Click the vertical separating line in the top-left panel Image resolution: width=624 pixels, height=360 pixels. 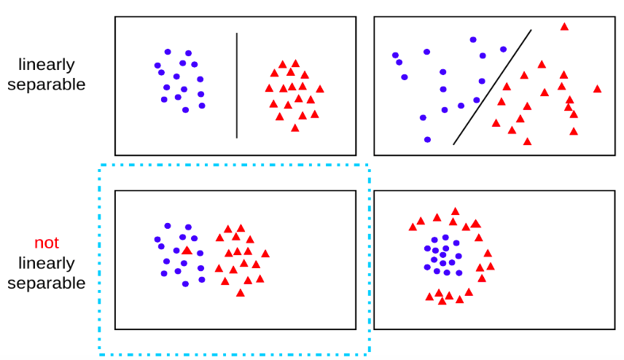click(x=237, y=85)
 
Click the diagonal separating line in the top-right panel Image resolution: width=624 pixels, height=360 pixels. click(x=492, y=87)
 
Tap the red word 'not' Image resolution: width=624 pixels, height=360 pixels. click(x=47, y=243)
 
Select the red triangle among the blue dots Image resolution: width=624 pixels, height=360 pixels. click(x=187, y=250)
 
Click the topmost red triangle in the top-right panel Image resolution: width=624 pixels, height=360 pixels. click(x=564, y=27)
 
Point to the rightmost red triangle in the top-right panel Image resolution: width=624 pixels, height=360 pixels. click(x=597, y=89)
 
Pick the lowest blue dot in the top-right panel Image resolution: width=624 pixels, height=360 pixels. click(x=427, y=140)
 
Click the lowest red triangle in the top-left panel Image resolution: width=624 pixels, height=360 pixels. click(x=295, y=128)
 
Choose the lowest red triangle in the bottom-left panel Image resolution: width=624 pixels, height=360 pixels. click(x=241, y=293)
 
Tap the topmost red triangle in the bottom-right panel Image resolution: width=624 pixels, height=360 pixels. click(x=456, y=211)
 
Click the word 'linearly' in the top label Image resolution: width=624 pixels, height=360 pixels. click(x=47, y=64)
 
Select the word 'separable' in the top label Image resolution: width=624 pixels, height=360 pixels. click(x=47, y=85)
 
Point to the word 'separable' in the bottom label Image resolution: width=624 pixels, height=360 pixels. click(x=47, y=283)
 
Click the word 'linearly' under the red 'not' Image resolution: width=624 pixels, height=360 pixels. click(x=47, y=263)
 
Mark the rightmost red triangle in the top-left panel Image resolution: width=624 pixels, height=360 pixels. click(x=320, y=89)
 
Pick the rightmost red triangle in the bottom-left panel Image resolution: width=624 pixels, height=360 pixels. click(x=265, y=254)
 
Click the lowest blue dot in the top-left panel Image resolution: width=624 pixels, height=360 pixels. click(x=185, y=110)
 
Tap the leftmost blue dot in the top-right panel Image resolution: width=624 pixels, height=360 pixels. click(x=395, y=55)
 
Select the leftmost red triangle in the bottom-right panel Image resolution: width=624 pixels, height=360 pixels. click(x=413, y=227)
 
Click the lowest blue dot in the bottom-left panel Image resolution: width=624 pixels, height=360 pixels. click(x=185, y=284)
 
